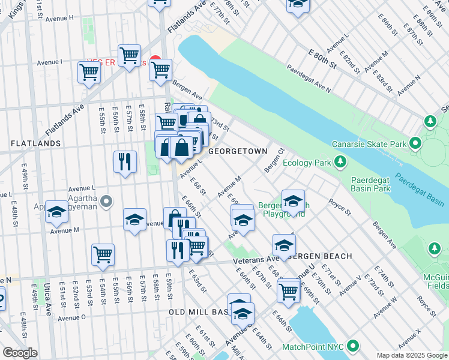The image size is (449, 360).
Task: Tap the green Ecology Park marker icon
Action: [340, 162]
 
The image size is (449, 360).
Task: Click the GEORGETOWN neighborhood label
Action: [233, 152]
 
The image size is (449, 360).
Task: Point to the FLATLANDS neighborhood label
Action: [35, 143]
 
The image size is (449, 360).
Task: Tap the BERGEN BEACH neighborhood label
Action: [325, 256]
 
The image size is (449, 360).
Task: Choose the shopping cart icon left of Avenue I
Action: [89, 73]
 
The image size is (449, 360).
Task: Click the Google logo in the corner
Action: [20, 353]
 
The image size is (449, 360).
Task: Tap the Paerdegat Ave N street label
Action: [309, 78]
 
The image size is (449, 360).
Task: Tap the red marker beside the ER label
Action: [155, 61]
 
